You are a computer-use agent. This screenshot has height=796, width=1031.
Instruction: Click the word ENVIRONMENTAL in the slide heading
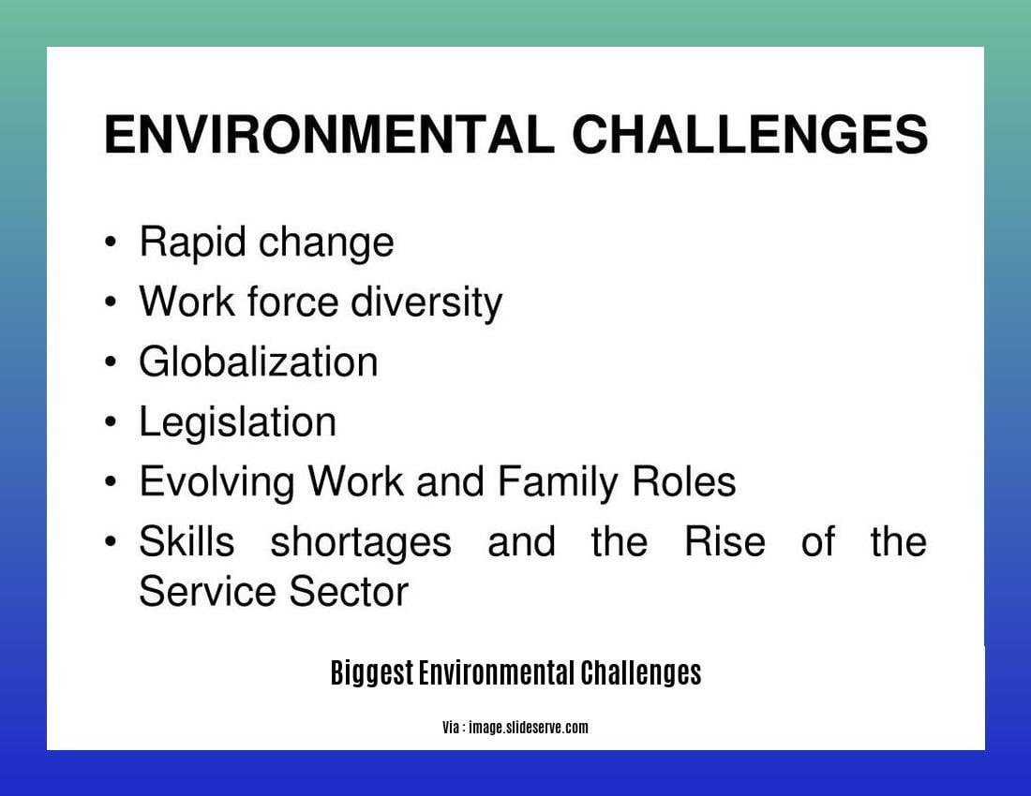(x=328, y=135)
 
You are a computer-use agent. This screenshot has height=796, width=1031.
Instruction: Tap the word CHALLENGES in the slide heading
(x=750, y=135)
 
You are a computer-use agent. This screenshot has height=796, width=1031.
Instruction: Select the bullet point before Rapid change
(x=112, y=243)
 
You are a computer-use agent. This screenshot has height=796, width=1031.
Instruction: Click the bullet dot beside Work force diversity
(x=112, y=302)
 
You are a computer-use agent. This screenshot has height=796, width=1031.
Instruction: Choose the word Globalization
(x=258, y=362)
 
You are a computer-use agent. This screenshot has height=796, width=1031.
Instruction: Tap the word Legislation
(x=237, y=422)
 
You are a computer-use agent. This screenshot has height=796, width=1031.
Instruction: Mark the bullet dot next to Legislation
(x=112, y=422)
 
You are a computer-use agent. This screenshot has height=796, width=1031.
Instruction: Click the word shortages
(x=361, y=542)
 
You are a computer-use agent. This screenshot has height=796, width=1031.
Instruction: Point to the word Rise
(x=724, y=542)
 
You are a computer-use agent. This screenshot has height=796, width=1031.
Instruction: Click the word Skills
(x=186, y=542)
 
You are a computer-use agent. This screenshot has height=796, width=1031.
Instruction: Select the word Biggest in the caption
(x=371, y=673)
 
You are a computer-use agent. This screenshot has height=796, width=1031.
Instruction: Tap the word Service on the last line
(x=206, y=593)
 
